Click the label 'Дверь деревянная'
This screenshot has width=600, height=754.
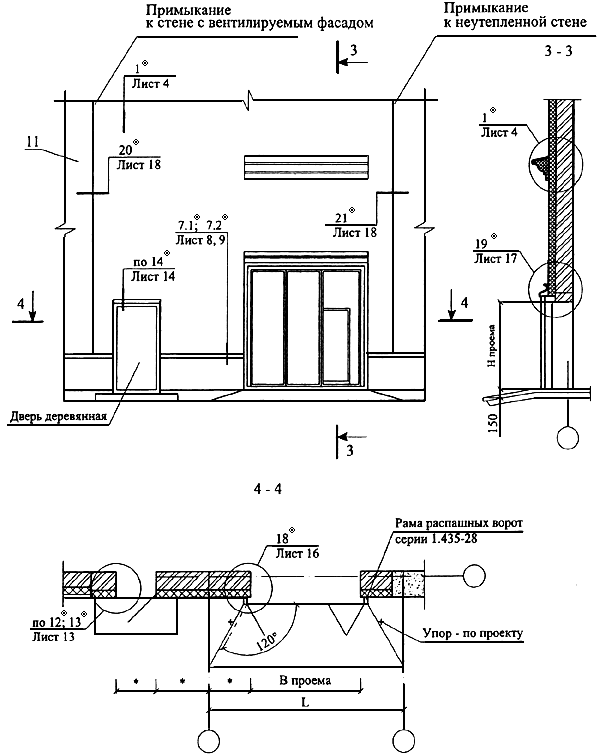[x=58, y=415]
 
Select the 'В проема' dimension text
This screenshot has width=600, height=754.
[x=305, y=680]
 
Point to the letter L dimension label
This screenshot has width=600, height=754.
[x=305, y=702]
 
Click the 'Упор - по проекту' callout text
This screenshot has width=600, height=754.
[x=473, y=633]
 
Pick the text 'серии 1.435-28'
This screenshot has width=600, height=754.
[x=436, y=539]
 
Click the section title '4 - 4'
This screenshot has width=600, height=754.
[x=268, y=489]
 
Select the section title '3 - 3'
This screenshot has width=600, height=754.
[x=558, y=50]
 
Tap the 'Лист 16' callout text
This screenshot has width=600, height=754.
[x=297, y=553]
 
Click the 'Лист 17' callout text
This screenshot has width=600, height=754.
[x=495, y=258]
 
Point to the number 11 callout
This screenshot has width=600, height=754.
[x=33, y=142]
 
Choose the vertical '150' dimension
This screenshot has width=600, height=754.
[x=493, y=421]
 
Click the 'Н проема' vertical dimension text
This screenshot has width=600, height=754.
[x=491, y=345]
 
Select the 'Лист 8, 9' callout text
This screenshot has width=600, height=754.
[x=200, y=239]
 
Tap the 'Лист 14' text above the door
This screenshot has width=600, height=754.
[x=153, y=276]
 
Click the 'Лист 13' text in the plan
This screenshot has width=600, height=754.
[x=53, y=637]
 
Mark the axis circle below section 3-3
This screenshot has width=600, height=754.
[x=567, y=437]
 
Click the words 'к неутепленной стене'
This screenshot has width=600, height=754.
[x=515, y=22]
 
